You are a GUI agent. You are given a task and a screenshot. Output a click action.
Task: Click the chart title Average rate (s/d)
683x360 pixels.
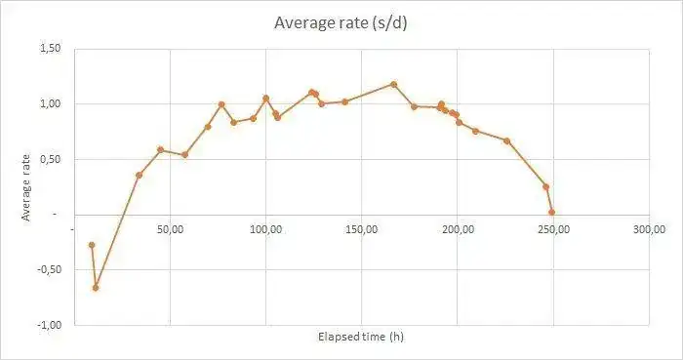(341, 22)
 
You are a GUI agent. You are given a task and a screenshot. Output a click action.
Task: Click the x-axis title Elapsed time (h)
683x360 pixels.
(361, 337)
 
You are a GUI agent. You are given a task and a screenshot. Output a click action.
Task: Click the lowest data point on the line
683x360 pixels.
(96, 288)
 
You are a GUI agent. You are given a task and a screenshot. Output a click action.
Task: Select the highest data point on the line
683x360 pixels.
(394, 84)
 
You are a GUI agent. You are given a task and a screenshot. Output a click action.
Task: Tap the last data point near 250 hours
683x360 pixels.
(551, 212)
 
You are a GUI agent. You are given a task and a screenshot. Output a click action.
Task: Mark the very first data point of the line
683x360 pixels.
(92, 245)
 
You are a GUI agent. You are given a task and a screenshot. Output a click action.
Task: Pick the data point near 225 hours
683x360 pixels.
(506, 140)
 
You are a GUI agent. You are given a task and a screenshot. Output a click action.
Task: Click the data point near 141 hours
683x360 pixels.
(344, 101)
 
